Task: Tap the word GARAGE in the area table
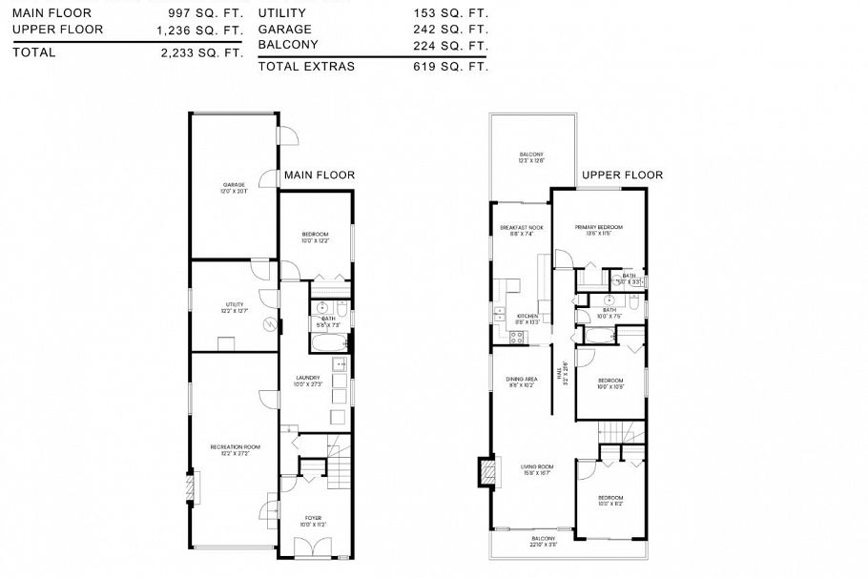[x=283, y=30]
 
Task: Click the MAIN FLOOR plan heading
[x=320, y=175]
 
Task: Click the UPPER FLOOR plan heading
[x=622, y=175]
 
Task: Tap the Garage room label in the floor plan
[x=234, y=188]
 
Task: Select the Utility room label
[x=235, y=307]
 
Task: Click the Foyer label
[x=314, y=521]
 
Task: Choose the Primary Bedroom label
[x=598, y=229]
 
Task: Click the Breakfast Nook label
[x=520, y=230]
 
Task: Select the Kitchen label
[x=527, y=319]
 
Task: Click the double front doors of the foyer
[x=314, y=549]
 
